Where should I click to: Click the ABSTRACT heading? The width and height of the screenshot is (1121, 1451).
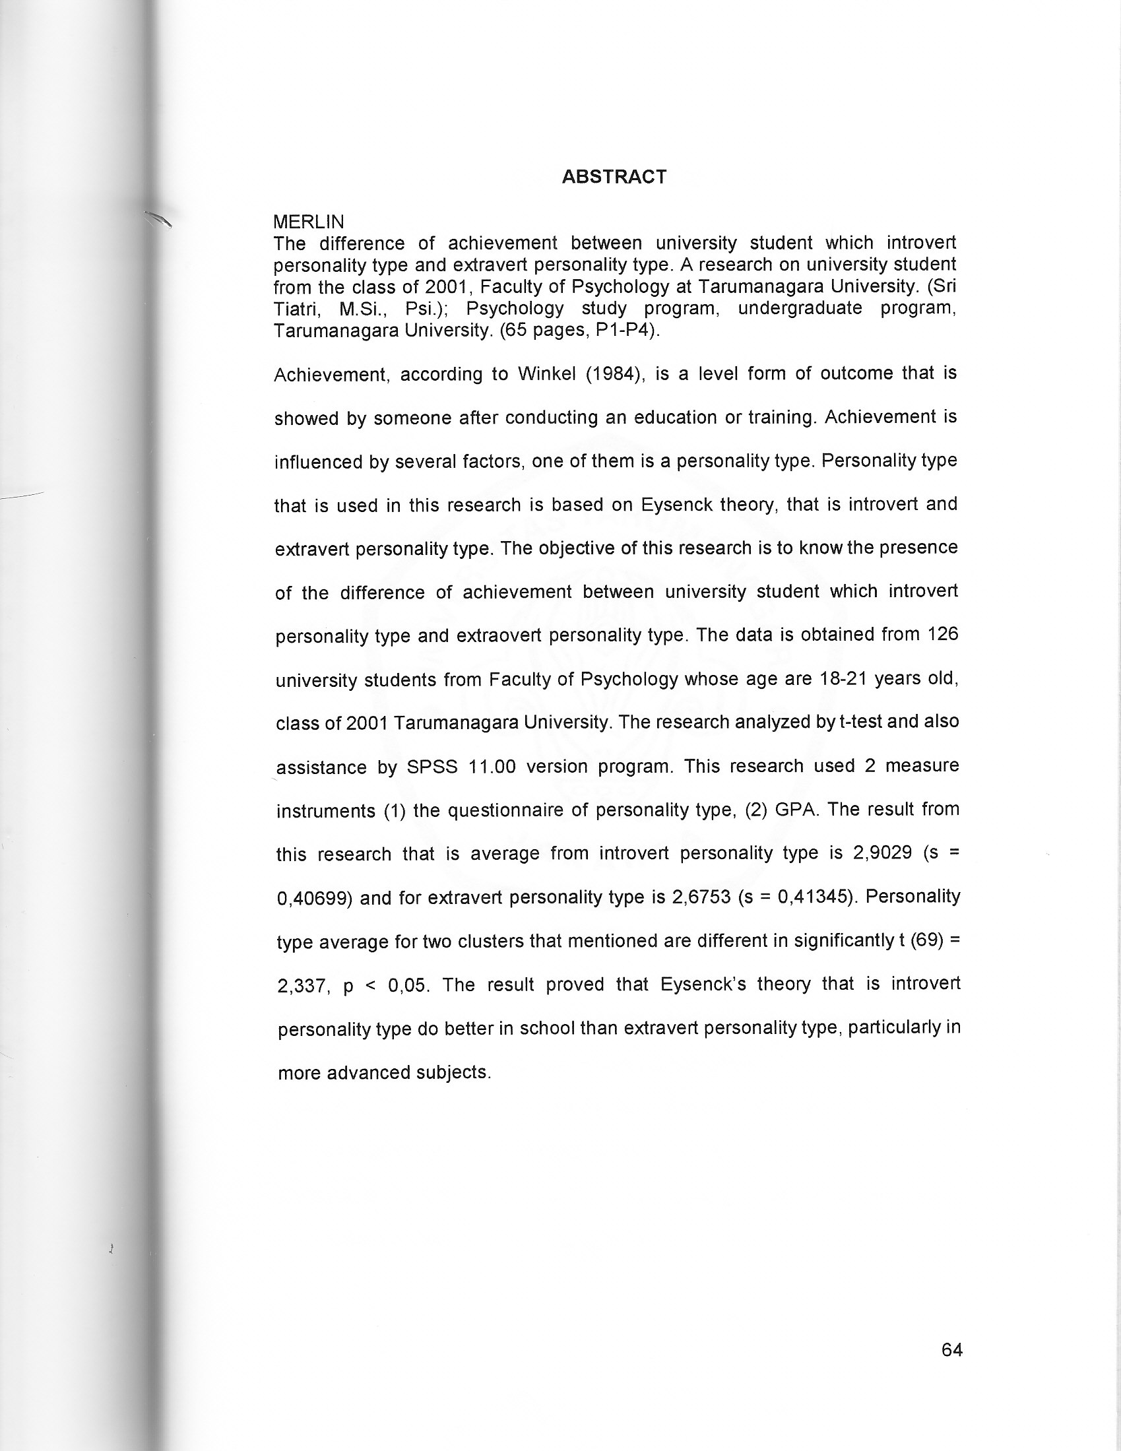[x=614, y=177]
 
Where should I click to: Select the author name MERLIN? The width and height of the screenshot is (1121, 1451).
[x=308, y=221]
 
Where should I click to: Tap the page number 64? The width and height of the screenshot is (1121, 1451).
[x=951, y=1349]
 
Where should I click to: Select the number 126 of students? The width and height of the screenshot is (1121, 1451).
[x=943, y=635]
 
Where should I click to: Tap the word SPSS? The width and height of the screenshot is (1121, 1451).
[x=432, y=767]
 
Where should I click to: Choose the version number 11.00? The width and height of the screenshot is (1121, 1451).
[x=492, y=767]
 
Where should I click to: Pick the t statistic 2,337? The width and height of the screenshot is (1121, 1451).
[x=303, y=986]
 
